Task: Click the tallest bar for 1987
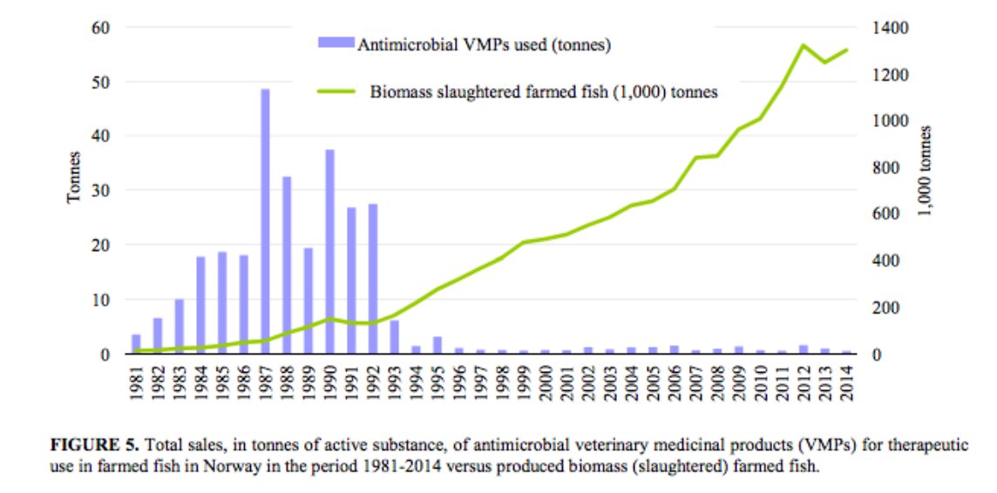point(265,221)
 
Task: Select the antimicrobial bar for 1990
point(329,252)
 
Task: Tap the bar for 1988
point(287,266)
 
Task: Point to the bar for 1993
point(394,337)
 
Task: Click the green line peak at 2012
point(803,45)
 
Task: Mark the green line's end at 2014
point(846,50)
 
